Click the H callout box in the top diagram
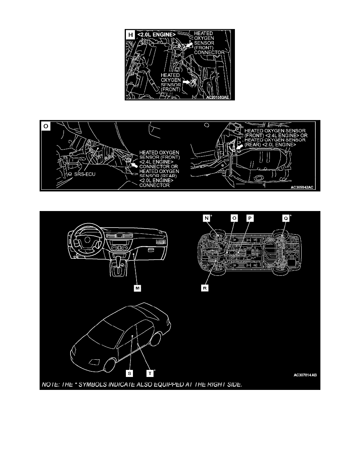pyautogui.click(x=131, y=35)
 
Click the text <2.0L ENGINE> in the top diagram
pyautogui.click(x=156, y=35)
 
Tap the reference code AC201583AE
pyautogui.click(x=218, y=97)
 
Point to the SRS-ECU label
pyautogui.click(x=85, y=174)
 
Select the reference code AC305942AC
pyautogui.click(x=302, y=187)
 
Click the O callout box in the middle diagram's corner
pyautogui.click(x=46, y=126)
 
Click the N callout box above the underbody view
pyautogui.click(x=206, y=218)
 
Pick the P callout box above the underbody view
pyautogui.click(x=250, y=218)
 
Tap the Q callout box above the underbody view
pyautogui.click(x=285, y=218)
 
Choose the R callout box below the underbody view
pyautogui.click(x=205, y=288)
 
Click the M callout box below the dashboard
pyautogui.click(x=137, y=288)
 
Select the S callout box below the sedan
pyautogui.click(x=129, y=373)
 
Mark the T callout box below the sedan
pyautogui.click(x=150, y=373)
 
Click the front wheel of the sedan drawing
pyautogui.click(x=109, y=365)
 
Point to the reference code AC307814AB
pyautogui.click(x=305, y=375)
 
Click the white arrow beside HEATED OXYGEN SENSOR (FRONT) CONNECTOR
pyautogui.click(x=188, y=45)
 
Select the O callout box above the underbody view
pyautogui.click(x=234, y=218)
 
